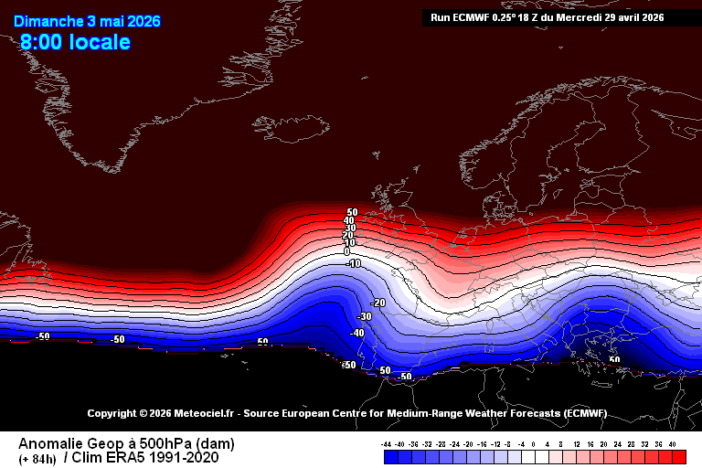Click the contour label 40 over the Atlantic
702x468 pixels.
(349, 220)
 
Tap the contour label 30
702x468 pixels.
(350, 228)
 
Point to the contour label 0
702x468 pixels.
(347, 250)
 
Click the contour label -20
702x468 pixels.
(378, 303)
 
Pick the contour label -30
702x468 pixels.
(365, 316)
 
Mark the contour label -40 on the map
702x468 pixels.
(357, 333)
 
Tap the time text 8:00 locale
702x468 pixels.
(76, 42)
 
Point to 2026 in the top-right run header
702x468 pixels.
(650, 17)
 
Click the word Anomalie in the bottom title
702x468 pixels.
(46, 443)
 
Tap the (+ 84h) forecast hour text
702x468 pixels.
(37, 458)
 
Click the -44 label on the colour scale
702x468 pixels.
(388, 444)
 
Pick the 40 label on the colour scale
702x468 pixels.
(673, 444)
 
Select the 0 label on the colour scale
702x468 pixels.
(535, 444)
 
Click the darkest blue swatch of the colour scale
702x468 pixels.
(388, 456)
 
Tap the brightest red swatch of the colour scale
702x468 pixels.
(681, 456)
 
